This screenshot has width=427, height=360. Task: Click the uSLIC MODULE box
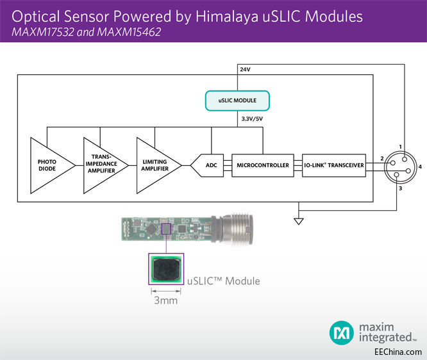237,101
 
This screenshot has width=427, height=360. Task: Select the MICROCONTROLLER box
262,165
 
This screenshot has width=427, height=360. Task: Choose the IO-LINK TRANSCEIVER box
333,165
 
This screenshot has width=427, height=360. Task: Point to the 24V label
244,69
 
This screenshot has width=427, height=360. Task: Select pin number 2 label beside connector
381,158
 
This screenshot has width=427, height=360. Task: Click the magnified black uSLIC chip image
165,270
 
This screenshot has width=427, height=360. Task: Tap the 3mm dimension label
165,300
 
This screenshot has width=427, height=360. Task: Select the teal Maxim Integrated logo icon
341,332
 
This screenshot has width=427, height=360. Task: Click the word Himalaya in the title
226,16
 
